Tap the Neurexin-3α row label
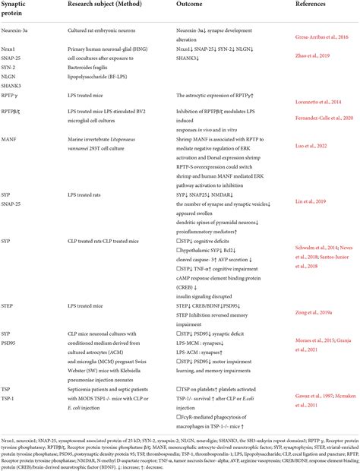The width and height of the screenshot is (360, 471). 21,46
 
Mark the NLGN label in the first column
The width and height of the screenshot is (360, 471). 14,90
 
